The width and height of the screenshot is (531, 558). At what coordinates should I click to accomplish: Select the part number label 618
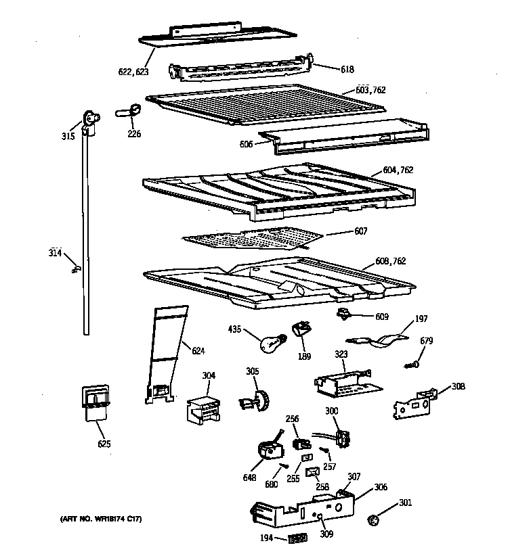click(347, 69)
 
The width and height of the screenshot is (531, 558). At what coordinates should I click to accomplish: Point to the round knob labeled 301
click(372, 521)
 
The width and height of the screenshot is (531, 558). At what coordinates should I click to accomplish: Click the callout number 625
click(104, 444)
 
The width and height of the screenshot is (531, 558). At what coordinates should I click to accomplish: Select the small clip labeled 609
click(345, 312)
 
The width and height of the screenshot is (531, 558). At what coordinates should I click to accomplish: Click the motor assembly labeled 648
click(268, 449)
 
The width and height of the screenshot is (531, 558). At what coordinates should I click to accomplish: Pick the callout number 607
click(360, 231)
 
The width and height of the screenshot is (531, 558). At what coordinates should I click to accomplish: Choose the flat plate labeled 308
click(414, 404)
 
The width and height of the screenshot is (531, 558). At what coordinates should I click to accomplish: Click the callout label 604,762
click(398, 170)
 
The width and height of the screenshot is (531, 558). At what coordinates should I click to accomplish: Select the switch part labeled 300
click(341, 438)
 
